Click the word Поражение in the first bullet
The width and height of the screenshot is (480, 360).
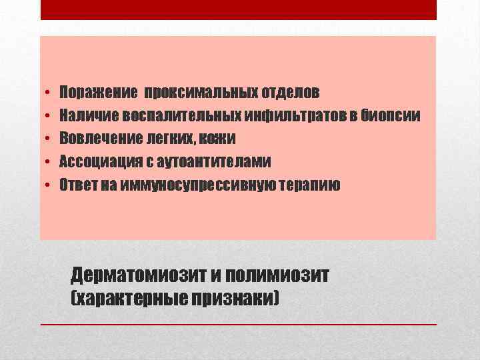tap(98, 91)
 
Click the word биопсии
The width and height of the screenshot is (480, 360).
tap(393, 115)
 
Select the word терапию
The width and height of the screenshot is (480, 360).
tap(311, 185)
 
